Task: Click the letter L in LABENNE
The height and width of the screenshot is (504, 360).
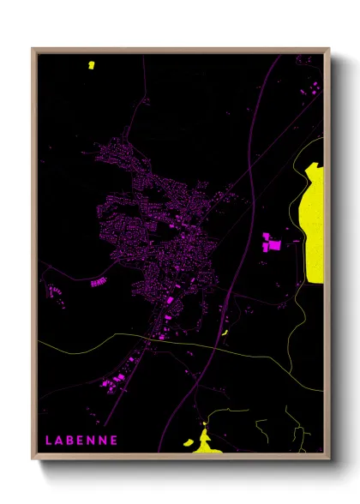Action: pos(49,441)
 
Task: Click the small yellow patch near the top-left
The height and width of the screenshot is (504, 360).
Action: pos(91,64)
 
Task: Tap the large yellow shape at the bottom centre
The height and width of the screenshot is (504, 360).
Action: pos(205,441)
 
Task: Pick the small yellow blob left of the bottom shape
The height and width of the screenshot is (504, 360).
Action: pos(187,443)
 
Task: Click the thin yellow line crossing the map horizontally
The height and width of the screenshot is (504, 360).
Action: pos(129,339)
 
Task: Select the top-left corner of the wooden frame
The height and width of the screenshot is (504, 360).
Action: pos(33,50)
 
